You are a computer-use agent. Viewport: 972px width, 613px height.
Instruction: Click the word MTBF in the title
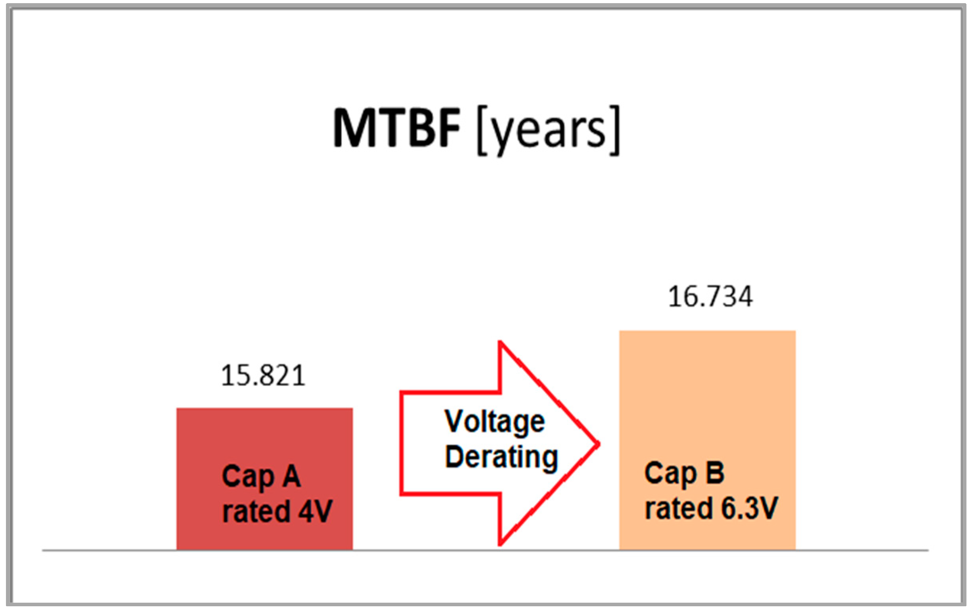[x=396, y=129]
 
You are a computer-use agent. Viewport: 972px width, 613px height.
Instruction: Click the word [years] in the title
[x=548, y=130]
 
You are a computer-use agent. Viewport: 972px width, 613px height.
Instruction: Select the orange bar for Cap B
[x=707, y=404]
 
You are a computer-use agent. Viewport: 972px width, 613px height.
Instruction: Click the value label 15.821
[x=263, y=375]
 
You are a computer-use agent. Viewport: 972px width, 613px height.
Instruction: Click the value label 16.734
[x=710, y=297]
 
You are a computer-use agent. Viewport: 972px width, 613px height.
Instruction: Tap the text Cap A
[x=261, y=477]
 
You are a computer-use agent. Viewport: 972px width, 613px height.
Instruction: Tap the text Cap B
[x=684, y=473]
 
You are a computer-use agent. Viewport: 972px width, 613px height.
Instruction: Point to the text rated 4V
[x=277, y=511]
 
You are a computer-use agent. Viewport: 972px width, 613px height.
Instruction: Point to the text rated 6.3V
[x=711, y=508]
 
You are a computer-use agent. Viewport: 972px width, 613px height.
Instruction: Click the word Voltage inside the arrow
[x=494, y=421]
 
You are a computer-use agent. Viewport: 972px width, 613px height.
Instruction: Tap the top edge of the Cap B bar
[x=707, y=331]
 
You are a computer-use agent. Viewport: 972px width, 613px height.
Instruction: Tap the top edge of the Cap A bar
[x=264, y=409]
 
